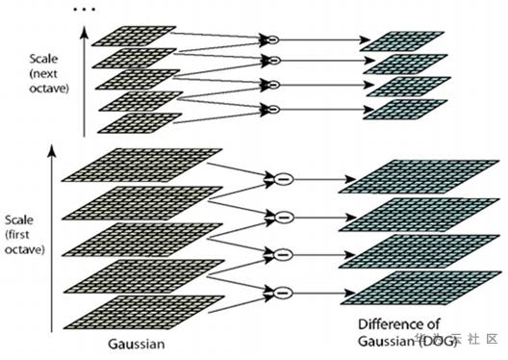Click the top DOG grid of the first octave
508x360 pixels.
409,179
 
